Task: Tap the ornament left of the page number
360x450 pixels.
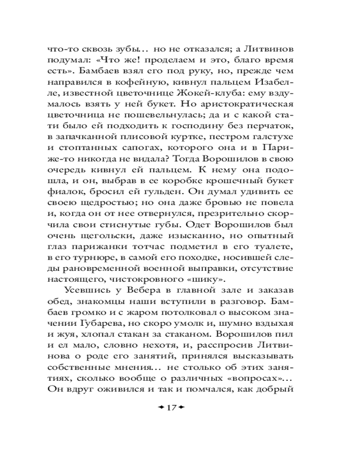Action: pos(160,408)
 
